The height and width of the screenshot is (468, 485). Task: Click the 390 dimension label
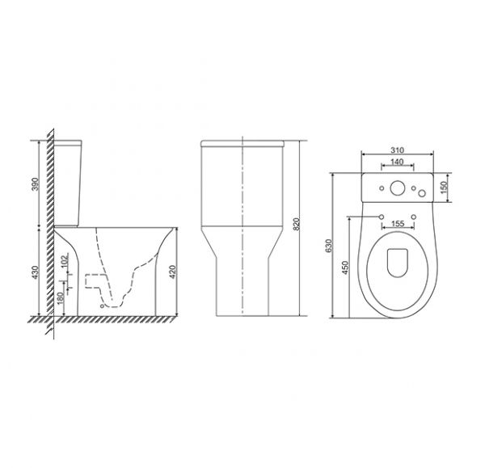click(x=36, y=184)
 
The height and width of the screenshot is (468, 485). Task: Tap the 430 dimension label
click(x=36, y=272)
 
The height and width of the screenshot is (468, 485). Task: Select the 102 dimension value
click(x=65, y=260)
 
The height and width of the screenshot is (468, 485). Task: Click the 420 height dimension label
click(x=173, y=272)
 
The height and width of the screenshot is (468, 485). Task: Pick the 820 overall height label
click(x=297, y=224)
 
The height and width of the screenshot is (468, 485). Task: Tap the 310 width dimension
click(x=397, y=150)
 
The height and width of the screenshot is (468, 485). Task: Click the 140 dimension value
click(x=397, y=162)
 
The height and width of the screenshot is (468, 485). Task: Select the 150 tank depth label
click(x=444, y=188)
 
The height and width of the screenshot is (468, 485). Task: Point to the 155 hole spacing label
click(x=398, y=223)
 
